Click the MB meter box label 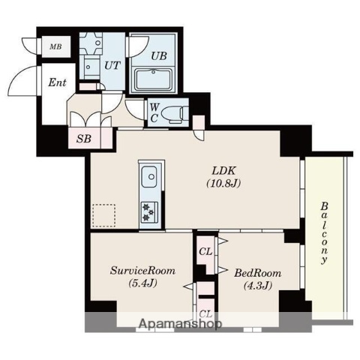pyautogui.click(x=55, y=46)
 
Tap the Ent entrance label pyautogui.click(x=57, y=82)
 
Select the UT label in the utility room pyautogui.click(x=112, y=65)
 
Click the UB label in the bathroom pyautogui.click(x=159, y=55)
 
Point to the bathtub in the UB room pyautogui.click(x=153, y=79)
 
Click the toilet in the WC pyautogui.click(x=175, y=114)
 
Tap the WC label pyautogui.click(x=154, y=113)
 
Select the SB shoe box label pyautogui.click(x=84, y=139)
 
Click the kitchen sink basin pyautogui.click(x=149, y=176)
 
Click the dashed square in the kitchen pyautogui.click(x=104, y=216)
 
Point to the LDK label pyautogui.click(x=223, y=171)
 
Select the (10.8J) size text pyautogui.click(x=223, y=184)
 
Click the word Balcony pyautogui.click(x=324, y=233)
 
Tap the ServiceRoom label pyautogui.click(x=142, y=271)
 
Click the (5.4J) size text pyautogui.click(x=142, y=283)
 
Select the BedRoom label pyautogui.click(x=257, y=273)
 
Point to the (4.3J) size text pyautogui.click(x=258, y=285)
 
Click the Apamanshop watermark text pyautogui.click(x=180, y=324)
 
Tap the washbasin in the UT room pyautogui.click(x=90, y=67)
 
